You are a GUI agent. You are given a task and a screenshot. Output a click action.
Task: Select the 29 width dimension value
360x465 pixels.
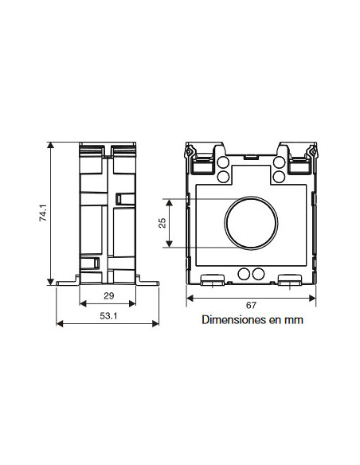click(x=108, y=296)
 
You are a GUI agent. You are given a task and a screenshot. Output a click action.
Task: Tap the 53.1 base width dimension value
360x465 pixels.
click(x=108, y=317)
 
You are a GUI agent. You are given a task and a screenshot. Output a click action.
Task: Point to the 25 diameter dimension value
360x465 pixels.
click(x=162, y=223)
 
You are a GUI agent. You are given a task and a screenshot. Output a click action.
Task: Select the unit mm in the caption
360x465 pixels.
click(x=295, y=321)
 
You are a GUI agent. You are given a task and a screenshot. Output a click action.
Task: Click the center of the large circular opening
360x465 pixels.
click(x=251, y=223)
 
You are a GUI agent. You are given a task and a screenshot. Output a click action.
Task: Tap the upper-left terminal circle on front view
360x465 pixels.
click(x=224, y=162)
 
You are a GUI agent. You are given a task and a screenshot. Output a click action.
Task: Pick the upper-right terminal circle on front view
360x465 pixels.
click(x=279, y=162)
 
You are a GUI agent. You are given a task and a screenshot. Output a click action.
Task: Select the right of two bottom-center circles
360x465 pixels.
click(x=258, y=274)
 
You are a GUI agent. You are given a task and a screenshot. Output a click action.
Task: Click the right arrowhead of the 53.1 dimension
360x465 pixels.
click(x=155, y=322)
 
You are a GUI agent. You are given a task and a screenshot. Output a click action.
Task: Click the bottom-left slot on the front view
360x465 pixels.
click(x=211, y=280)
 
